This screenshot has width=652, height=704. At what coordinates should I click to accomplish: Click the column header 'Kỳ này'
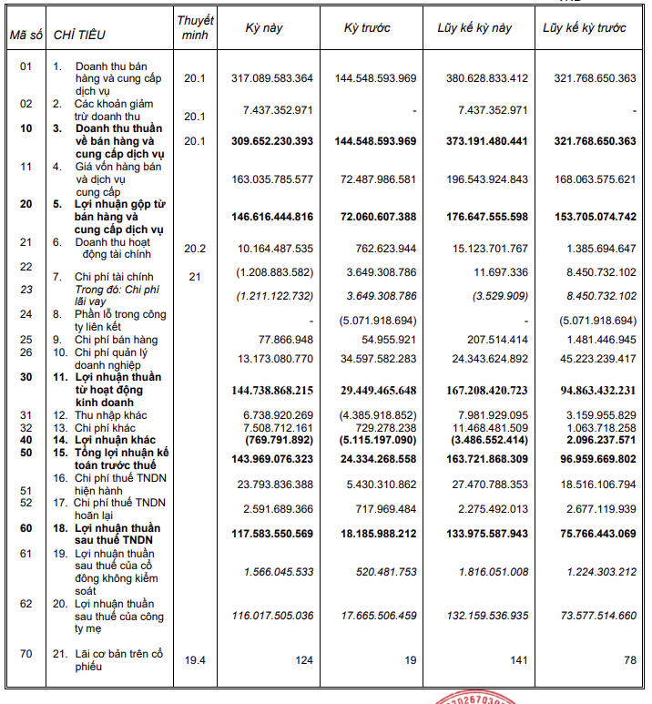264,28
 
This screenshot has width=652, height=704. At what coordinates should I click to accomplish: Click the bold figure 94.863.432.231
588,391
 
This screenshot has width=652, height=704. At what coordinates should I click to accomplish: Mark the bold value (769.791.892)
279,440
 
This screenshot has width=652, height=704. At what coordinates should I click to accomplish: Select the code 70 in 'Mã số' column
25,653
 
